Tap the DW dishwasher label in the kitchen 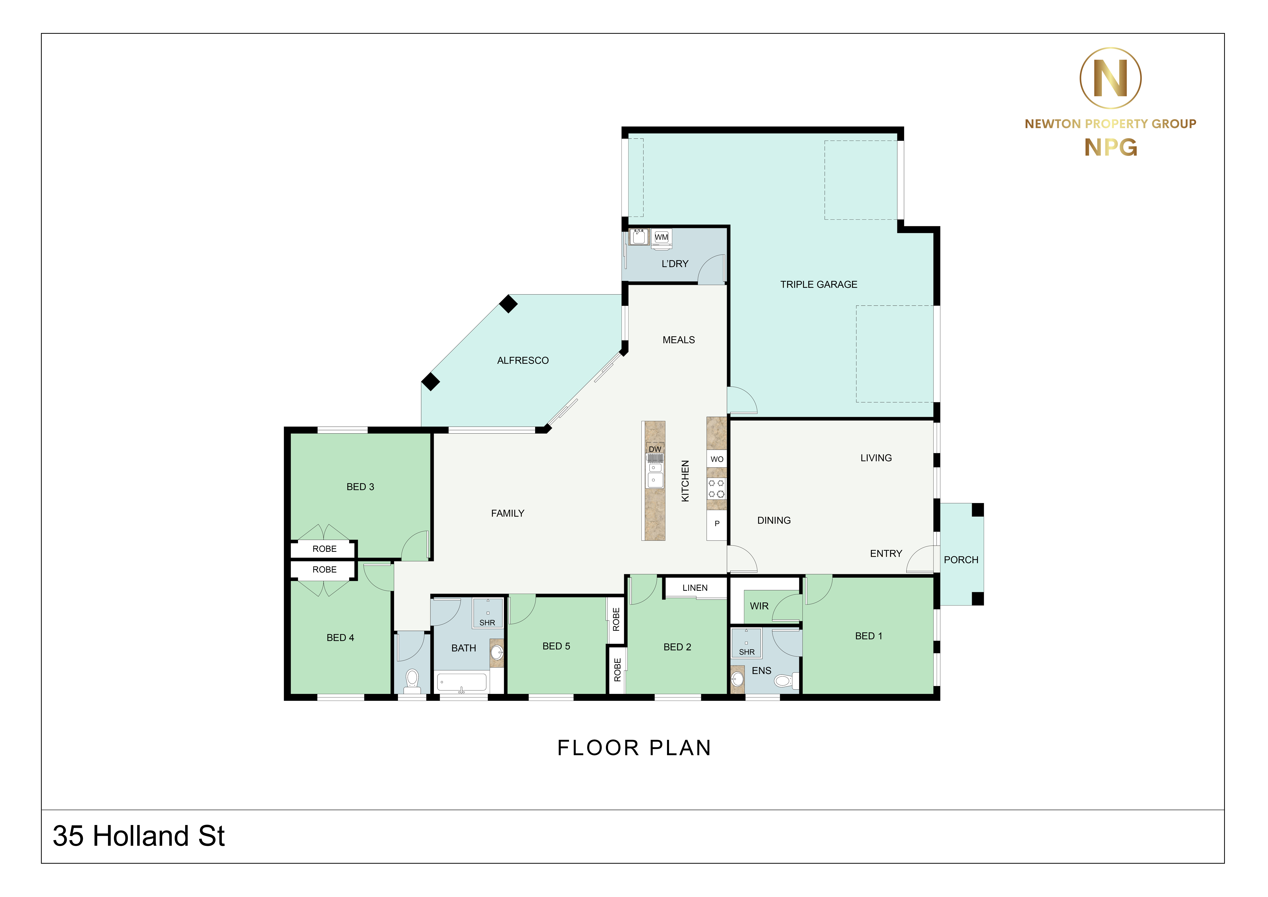click(655, 449)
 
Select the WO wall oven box click(717, 459)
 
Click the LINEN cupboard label click(695, 588)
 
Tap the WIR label click(759, 606)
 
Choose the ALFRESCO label click(523, 361)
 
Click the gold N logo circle click(1111, 78)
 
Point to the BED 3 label click(360, 487)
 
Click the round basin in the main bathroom click(497, 652)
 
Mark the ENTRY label click(886, 553)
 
